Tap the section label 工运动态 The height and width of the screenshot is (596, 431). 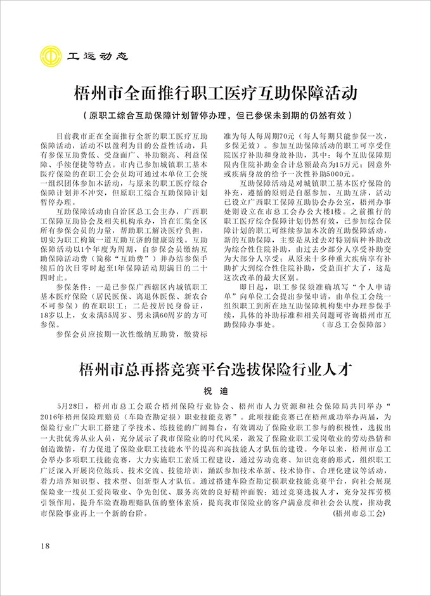pyautogui.click(x=98, y=56)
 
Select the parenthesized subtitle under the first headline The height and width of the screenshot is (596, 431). pyautogui.click(x=215, y=116)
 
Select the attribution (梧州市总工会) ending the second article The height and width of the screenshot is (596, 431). pyautogui.click(x=359, y=512)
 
